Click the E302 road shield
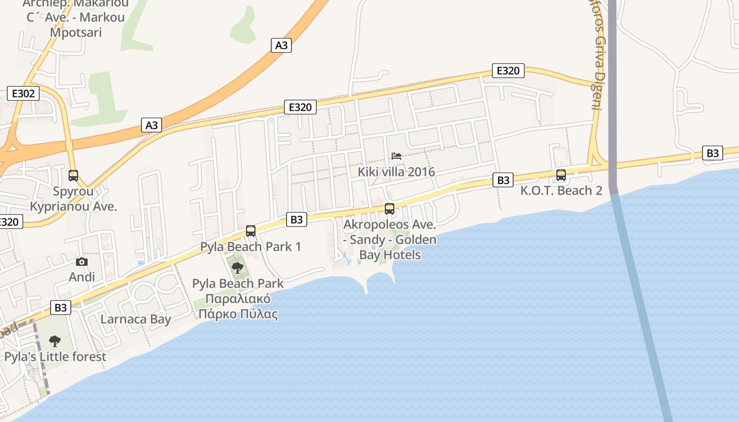coord(23,94)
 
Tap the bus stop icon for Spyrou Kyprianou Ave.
coord(73,176)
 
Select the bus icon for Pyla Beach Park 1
coord(251,231)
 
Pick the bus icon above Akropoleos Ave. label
coord(390,209)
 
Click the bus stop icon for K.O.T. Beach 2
coord(561,175)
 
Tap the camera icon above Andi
coord(82,262)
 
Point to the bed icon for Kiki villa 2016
coord(396,156)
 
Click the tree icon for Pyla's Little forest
coord(54,341)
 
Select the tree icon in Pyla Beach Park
coord(238,267)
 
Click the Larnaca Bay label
coord(136,319)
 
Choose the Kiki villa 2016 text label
coord(396,172)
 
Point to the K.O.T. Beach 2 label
coord(561,190)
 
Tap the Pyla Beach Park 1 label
coord(251,247)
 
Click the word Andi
coord(82,277)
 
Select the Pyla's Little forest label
coord(55,357)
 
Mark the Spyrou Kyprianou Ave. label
coord(73,199)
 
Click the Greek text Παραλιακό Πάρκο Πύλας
coord(238,307)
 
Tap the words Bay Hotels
coord(390,255)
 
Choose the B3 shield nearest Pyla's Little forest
coord(61,308)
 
